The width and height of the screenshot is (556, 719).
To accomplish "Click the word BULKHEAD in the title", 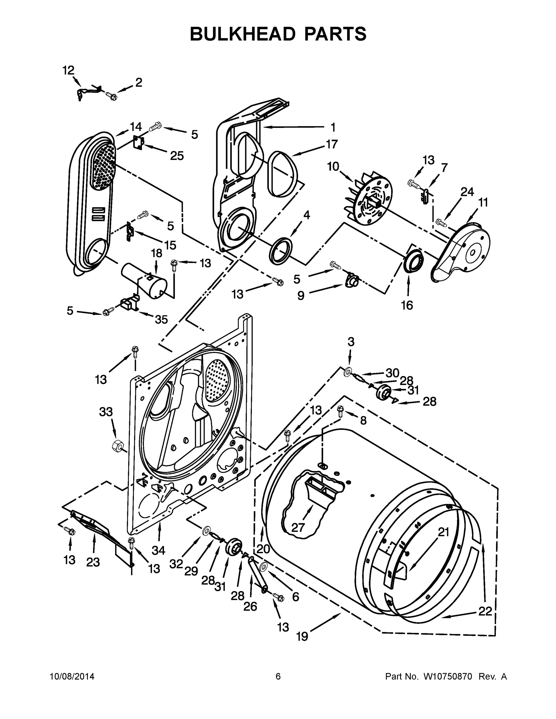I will (x=242, y=34).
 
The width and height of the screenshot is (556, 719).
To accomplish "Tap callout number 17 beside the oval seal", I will (x=332, y=144).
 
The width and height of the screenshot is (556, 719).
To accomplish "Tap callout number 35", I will (x=161, y=319).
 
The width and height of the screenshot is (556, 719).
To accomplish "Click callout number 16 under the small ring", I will (x=407, y=305).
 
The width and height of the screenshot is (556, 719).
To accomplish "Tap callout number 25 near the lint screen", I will (x=177, y=155).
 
